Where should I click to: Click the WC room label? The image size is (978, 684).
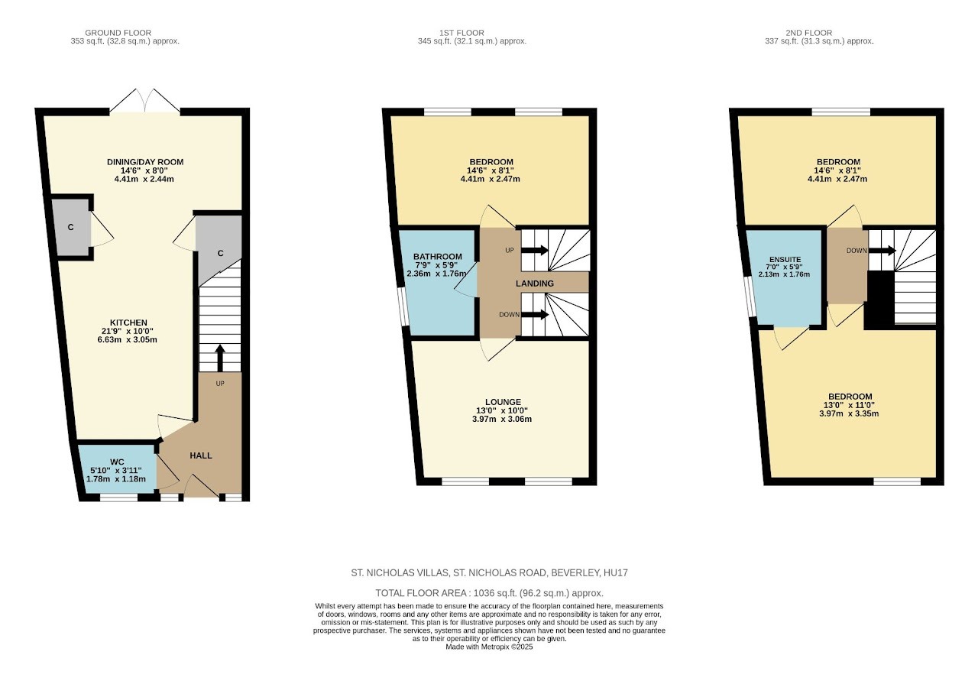[117, 462]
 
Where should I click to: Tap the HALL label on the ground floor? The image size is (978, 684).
[201, 455]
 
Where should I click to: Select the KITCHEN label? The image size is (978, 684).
[128, 323]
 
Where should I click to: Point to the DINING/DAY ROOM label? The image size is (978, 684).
[145, 162]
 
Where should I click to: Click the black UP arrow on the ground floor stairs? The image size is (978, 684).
[219, 358]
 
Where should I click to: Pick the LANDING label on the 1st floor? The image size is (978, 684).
[535, 284]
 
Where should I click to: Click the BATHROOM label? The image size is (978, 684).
[438, 256]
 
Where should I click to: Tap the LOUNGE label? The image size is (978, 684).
[503, 402]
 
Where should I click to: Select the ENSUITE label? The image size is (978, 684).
[785, 259]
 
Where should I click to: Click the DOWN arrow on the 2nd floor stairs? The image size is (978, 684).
[882, 251]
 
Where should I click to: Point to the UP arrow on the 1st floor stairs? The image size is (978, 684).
[535, 250]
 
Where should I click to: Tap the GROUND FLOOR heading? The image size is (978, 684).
[118, 33]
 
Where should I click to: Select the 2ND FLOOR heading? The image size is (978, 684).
[809, 33]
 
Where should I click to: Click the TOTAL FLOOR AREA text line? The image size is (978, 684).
[490, 593]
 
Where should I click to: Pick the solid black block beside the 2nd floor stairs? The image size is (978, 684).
[879, 300]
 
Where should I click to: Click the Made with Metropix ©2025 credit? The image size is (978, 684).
[489, 647]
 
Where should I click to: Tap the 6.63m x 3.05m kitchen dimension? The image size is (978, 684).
[128, 340]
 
